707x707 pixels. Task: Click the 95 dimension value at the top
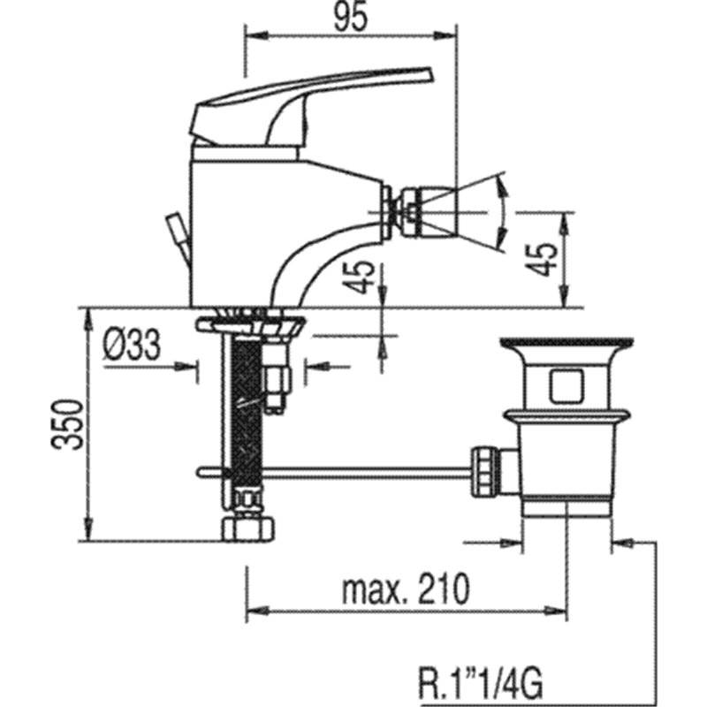351,16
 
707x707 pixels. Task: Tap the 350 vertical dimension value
67,424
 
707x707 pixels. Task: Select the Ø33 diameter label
132,345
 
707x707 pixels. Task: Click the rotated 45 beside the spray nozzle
542,259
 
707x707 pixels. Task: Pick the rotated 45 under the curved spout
359,277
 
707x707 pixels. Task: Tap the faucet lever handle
311,107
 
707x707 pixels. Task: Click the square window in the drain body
567,385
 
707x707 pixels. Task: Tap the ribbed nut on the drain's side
484,472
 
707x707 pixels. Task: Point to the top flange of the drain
566,343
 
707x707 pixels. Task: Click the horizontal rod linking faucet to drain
334,472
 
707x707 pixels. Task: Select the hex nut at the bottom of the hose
248,529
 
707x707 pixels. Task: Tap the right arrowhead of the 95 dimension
445,35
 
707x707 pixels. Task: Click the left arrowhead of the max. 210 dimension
258,611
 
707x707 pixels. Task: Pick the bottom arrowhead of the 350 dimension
89,528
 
